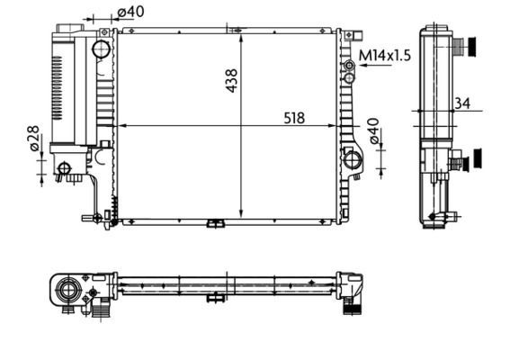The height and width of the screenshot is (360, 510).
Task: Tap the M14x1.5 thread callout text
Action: (385, 56)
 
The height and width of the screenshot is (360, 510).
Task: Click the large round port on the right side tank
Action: (353, 161)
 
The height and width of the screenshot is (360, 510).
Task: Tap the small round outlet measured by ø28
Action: (64, 167)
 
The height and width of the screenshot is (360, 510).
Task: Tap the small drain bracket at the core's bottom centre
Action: (216, 223)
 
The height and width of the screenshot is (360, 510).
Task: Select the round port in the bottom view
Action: (67, 290)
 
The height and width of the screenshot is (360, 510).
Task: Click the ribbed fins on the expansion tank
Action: (61, 90)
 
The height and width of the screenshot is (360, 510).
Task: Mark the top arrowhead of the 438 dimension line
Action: (241, 34)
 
